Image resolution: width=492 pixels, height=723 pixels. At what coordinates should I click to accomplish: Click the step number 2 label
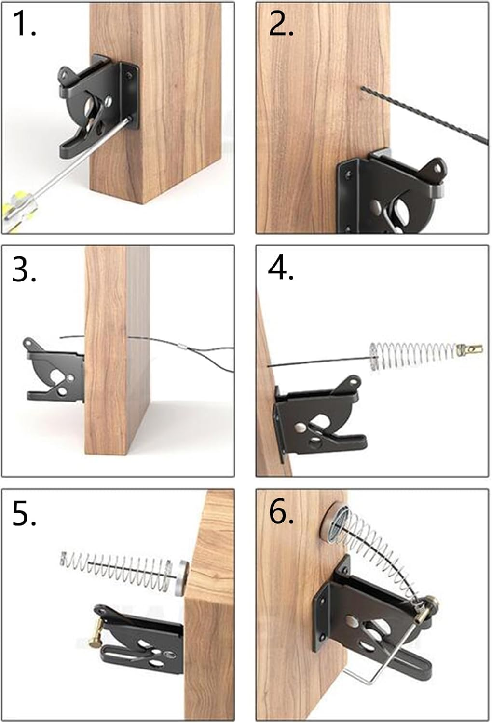(x=281, y=24)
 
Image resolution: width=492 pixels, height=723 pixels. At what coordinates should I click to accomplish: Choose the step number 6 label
(x=281, y=513)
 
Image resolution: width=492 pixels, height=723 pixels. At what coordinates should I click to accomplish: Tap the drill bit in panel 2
(x=424, y=114)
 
